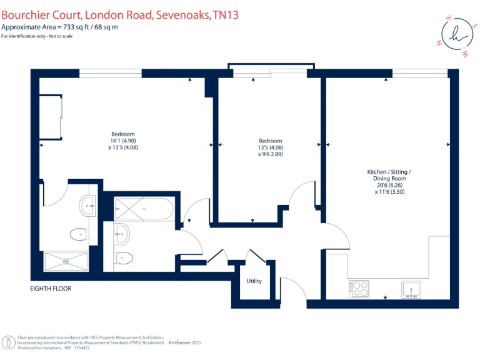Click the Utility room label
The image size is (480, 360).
pos(254,281)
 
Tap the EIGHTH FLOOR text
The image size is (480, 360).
pos(51,289)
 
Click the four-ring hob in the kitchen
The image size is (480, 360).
pos(360,288)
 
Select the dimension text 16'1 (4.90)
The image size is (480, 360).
pos(123,141)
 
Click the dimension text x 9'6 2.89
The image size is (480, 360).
pos(271,154)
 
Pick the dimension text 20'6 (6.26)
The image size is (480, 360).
pos(389,186)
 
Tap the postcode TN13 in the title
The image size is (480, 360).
pos(224,13)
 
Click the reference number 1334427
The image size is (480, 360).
pos(81,347)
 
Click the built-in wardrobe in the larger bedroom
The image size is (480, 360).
pos(51,117)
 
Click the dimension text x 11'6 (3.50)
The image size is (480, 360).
pos(389,192)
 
